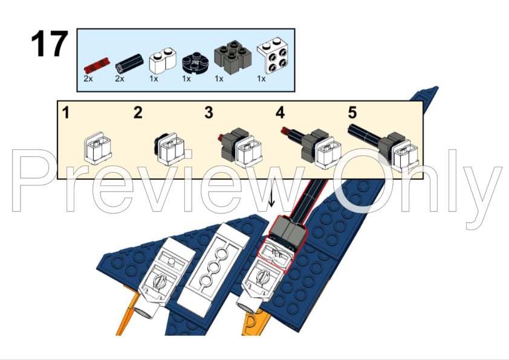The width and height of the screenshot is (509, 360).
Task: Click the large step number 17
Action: pyautogui.click(x=50, y=43)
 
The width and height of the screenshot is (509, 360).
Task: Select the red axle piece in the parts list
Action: pyautogui.click(x=97, y=65)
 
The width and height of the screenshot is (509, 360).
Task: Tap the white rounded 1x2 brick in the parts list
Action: pyautogui.click(x=162, y=60)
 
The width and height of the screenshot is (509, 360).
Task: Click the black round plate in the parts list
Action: pyautogui.click(x=195, y=62)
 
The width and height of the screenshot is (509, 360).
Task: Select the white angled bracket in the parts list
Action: pyautogui.click(x=273, y=56)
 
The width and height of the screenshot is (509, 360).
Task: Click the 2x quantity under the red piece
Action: pyautogui.click(x=88, y=79)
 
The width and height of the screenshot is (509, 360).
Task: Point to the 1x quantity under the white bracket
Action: pyautogui.click(x=261, y=79)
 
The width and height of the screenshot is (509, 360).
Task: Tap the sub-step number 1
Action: pyautogui.click(x=66, y=113)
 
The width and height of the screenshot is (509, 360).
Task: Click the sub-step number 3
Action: pyautogui.click(x=209, y=112)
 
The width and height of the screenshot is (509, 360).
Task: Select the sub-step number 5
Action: pyautogui.click(x=352, y=112)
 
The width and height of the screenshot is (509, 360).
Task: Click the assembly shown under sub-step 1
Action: pyautogui.click(x=98, y=148)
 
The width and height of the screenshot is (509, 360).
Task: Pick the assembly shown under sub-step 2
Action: pyautogui.click(x=169, y=149)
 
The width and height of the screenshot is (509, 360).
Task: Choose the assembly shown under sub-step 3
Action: pyautogui.click(x=240, y=147)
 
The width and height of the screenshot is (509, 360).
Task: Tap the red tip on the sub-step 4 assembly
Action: pyautogui.click(x=285, y=130)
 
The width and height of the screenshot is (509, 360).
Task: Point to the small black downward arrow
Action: pyautogui.click(x=271, y=198)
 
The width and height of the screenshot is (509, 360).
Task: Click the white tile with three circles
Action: pyautogui.click(x=213, y=269)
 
